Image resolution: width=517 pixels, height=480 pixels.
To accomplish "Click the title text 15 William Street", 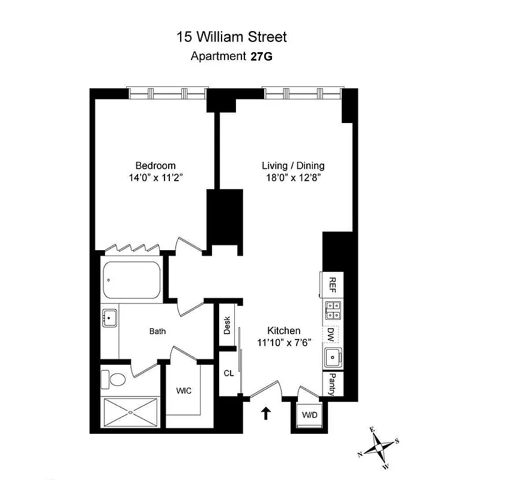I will (231, 37).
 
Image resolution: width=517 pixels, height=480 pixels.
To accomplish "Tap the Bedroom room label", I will (155, 166).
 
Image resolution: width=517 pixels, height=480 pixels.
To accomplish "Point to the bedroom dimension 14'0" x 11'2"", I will (155, 178).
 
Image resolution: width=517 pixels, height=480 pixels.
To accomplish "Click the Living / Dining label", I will (293, 166).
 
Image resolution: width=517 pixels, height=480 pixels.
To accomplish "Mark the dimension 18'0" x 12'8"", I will (293, 178).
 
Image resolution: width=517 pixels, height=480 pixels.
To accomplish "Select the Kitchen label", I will (284, 331).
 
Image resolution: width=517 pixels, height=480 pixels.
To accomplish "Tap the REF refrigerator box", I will (331, 284).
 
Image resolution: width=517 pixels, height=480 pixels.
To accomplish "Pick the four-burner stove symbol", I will (331, 310).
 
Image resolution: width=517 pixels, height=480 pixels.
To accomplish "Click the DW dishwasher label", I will (331, 334).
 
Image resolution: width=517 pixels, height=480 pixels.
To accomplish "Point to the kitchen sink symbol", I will (331, 359).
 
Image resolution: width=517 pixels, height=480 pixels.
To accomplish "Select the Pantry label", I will (331, 385).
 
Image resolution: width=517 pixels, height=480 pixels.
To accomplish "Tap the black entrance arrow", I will (265, 413).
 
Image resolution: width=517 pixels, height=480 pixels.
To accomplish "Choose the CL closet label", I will (228, 373).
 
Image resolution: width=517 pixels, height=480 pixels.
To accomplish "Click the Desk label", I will (228, 325).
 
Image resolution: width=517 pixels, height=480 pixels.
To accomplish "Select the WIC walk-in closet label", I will (184, 391).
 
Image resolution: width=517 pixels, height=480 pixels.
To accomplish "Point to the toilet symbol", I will (114, 379).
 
